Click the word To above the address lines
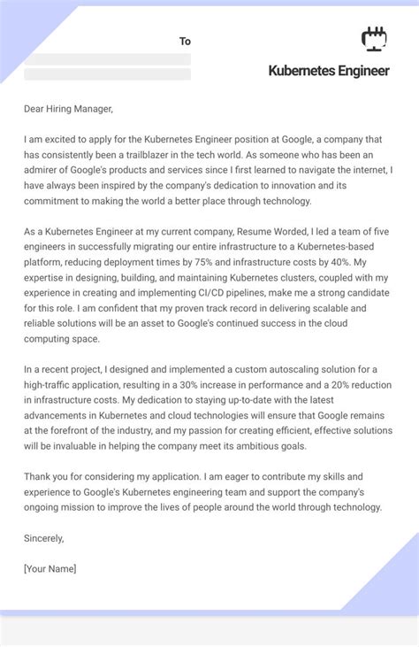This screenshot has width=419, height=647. tap(185, 41)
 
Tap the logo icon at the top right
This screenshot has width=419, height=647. tap(375, 39)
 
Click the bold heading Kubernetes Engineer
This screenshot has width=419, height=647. tap(328, 70)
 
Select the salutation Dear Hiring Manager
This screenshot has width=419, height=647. tap(69, 109)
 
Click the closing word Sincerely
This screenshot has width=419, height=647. tap(44, 537)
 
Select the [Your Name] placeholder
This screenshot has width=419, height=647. tap(50, 568)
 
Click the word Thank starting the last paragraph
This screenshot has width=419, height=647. tap(40, 475)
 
